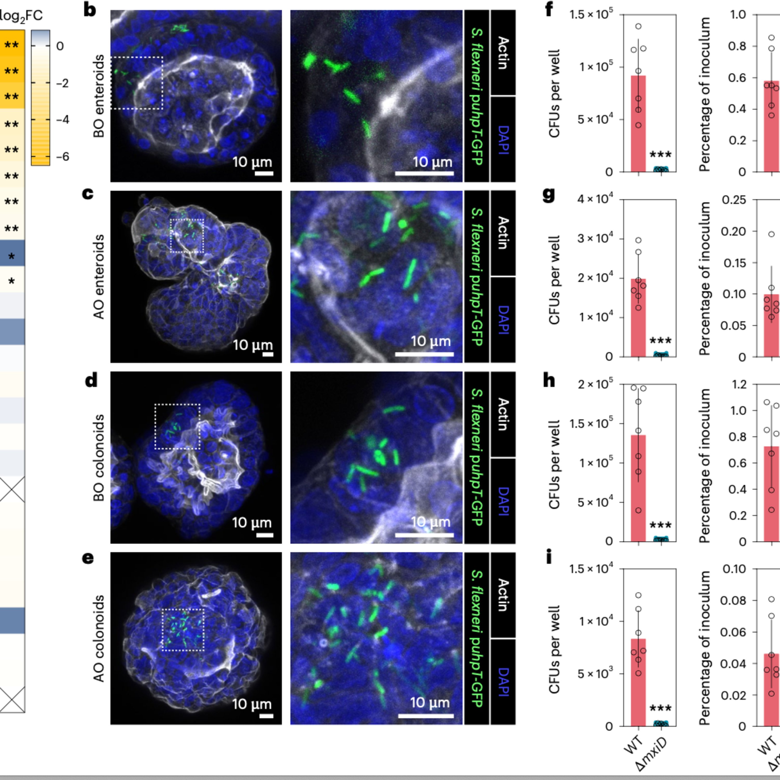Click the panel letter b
click(x=90, y=10)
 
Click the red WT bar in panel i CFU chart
click(x=638, y=682)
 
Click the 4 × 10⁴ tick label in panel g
click(x=595, y=199)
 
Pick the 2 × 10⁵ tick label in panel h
click(x=595, y=384)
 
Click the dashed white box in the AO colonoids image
click(x=183, y=630)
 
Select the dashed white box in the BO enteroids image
click(x=137, y=83)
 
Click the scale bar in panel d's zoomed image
click(x=424, y=535)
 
